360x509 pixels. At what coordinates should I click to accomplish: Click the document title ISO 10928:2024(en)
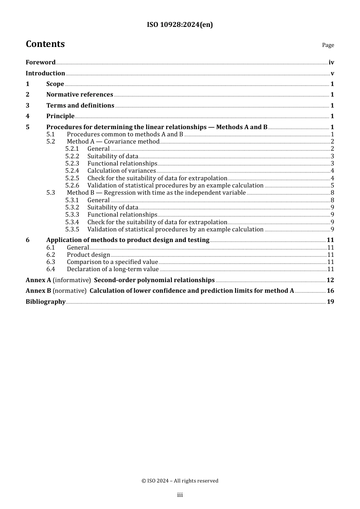point(180,25)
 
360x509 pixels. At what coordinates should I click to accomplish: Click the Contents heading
point(45,44)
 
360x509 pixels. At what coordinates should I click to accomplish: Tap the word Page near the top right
point(328,45)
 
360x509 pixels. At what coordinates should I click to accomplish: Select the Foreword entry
point(41,62)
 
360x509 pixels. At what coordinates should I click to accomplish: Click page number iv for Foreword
point(331,62)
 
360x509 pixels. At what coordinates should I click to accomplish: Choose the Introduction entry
point(45,73)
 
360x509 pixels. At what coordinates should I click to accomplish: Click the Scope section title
point(55,84)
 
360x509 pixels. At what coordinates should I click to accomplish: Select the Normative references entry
point(80,95)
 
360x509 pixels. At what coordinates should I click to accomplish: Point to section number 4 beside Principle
point(27,116)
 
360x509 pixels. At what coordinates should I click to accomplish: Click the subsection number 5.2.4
point(72,171)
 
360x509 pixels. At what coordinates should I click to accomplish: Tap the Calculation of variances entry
point(122,171)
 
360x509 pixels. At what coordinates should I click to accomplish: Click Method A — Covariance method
point(113,142)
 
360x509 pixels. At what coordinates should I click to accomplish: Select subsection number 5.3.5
point(72,230)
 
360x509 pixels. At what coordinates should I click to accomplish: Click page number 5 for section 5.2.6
point(332,186)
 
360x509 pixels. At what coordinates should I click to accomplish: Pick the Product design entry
point(88,255)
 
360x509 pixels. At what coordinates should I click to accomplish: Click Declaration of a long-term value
point(113,269)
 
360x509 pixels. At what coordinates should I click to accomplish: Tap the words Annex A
point(38,280)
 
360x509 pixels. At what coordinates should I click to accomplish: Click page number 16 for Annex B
point(330,291)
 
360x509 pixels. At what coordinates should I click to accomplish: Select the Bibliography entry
point(45,302)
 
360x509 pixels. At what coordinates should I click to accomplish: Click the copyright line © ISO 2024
point(180,481)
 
